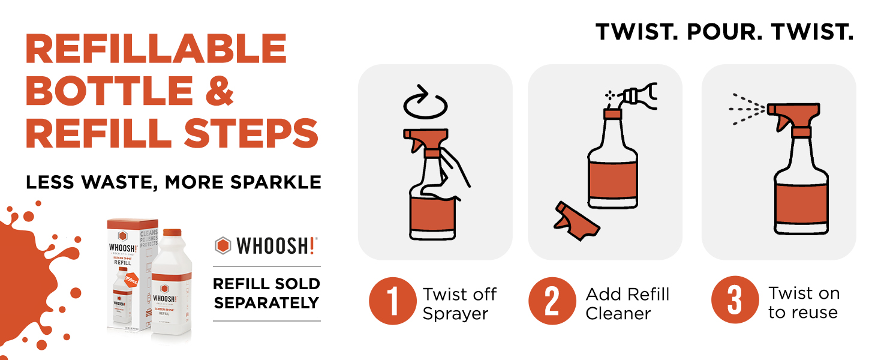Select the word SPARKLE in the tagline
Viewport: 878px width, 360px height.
click(278, 182)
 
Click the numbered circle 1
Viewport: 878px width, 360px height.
click(392, 301)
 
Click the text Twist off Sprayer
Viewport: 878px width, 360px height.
click(459, 304)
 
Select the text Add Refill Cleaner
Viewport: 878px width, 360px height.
click(627, 304)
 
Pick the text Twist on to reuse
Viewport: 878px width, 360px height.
click(804, 302)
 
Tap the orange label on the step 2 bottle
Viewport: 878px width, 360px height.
click(612, 179)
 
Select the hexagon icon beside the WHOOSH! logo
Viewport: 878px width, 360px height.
click(223, 245)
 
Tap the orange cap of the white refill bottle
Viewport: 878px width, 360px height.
click(172, 232)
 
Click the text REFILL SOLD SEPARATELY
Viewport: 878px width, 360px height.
click(267, 293)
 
